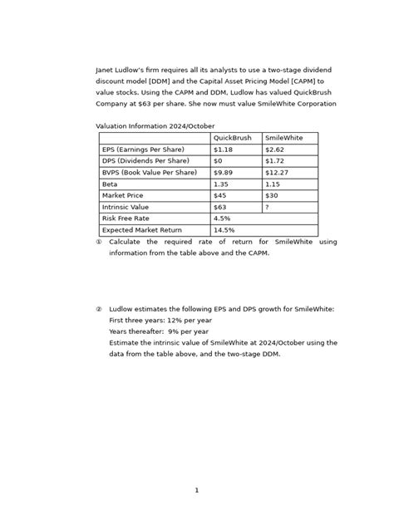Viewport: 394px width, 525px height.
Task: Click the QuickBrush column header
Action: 232,138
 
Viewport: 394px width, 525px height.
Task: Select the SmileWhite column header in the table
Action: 283,138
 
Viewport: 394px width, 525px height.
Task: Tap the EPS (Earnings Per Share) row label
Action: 143,150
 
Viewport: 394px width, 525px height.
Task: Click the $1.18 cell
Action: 224,150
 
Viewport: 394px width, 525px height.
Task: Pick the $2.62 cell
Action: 275,150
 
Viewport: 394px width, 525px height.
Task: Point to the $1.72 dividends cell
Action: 275,161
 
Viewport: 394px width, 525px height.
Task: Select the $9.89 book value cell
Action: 224,173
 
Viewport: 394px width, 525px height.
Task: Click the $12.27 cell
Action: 278,173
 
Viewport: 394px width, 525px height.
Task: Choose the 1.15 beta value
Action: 273,184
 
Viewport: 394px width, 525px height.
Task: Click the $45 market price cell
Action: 220,196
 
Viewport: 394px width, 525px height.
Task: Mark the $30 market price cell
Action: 272,196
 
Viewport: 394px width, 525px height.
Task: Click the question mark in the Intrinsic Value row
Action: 267,207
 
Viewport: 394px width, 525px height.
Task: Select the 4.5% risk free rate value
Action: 222,218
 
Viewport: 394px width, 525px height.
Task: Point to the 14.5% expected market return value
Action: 224,230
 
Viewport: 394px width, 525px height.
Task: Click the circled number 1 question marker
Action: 99,242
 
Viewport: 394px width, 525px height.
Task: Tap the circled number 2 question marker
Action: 99,308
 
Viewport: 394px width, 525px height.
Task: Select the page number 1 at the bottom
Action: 197,490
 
